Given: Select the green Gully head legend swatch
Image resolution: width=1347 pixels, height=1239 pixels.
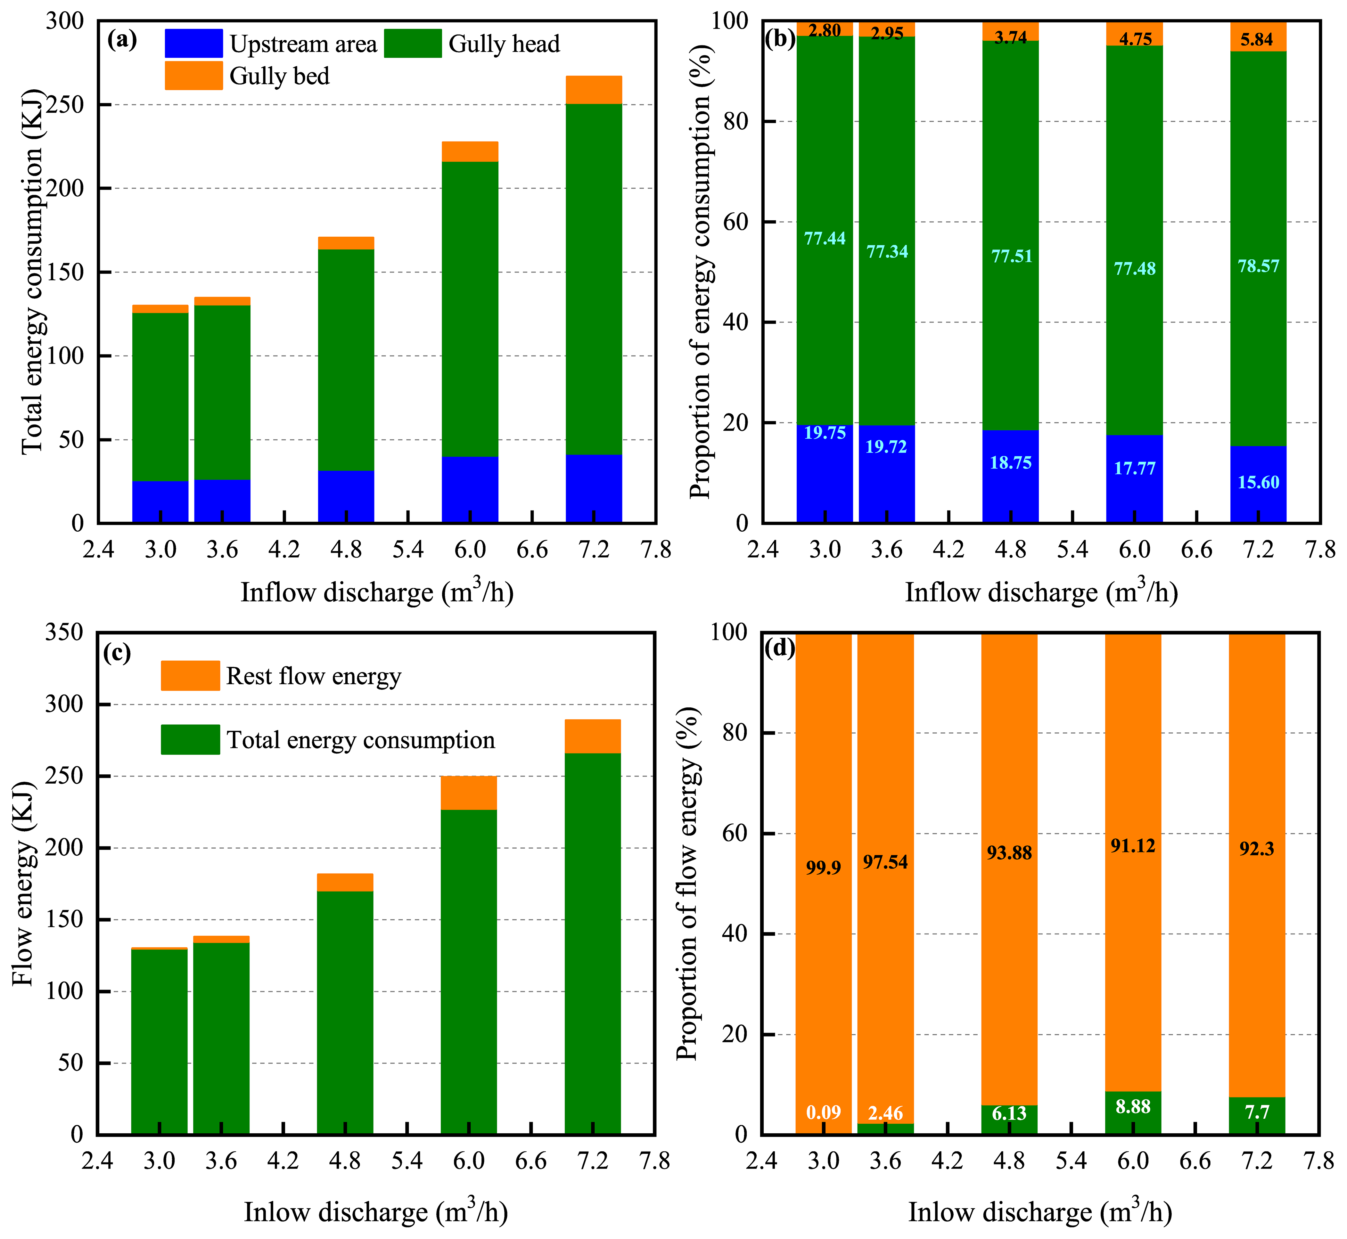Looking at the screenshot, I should tap(412, 44).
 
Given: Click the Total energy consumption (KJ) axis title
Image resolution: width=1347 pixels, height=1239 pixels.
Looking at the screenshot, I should tap(32, 272).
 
